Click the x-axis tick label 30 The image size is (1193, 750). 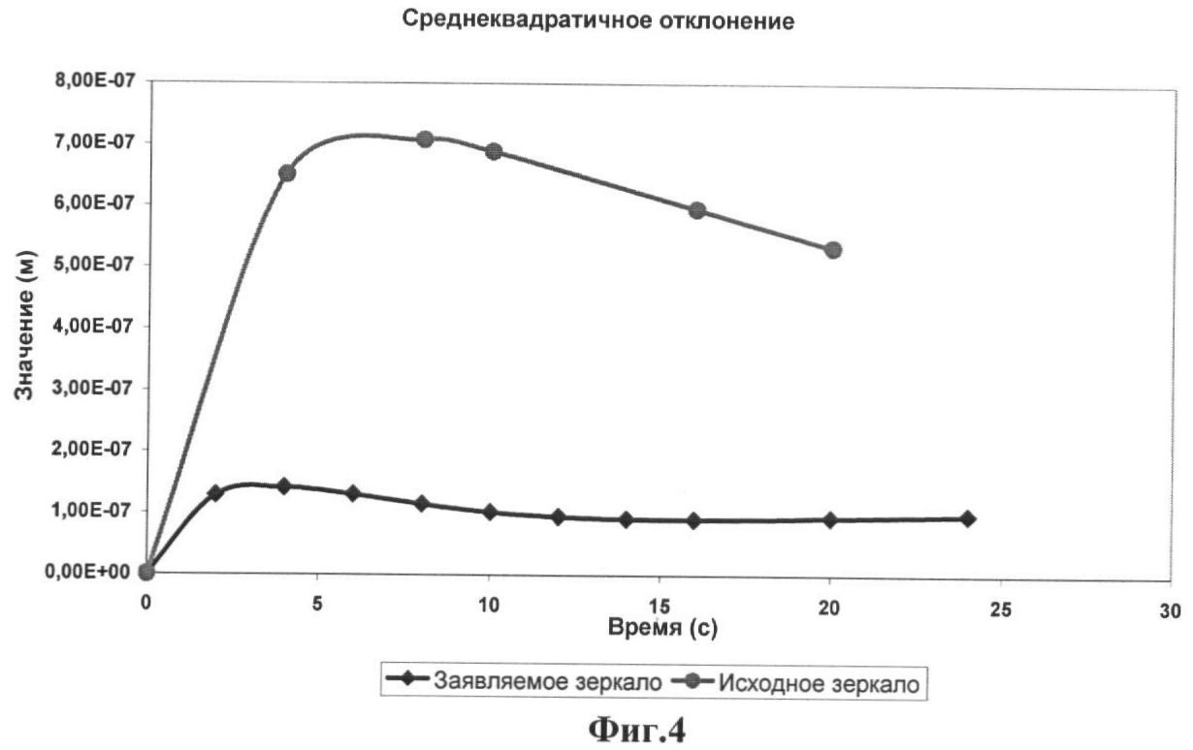click(x=1171, y=611)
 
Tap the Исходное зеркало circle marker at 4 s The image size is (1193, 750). click(x=286, y=173)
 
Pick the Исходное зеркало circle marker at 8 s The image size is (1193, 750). click(x=424, y=140)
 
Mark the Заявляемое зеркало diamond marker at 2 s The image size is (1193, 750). click(x=215, y=493)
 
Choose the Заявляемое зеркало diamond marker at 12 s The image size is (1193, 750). click(x=558, y=517)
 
